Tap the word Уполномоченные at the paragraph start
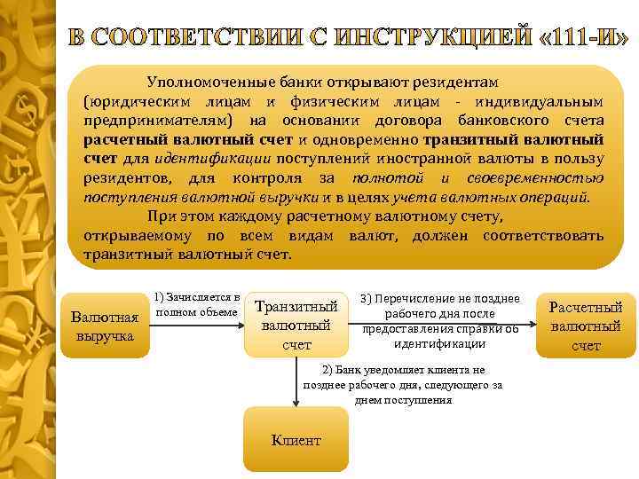click(209, 82)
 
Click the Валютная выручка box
click(105, 326)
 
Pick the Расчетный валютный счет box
click(586, 326)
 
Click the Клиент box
click(296, 439)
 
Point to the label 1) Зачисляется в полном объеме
click(196, 304)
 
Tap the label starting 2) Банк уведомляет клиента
click(403, 384)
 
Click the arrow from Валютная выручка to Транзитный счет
click(196, 326)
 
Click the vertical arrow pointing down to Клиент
click(296, 381)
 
